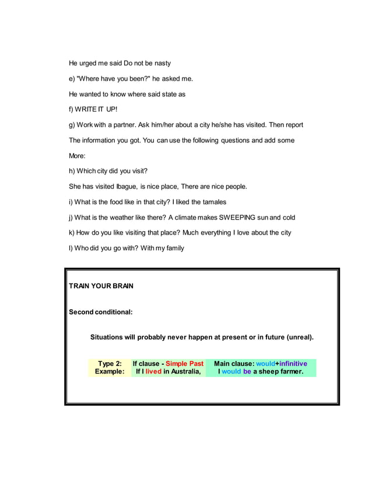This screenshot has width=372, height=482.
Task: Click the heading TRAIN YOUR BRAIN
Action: click(101, 286)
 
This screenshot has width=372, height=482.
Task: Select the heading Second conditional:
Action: click(101, 312)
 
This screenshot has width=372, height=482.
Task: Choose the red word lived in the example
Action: click(153, 371)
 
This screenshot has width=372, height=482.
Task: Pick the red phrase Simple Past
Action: click(185, 364)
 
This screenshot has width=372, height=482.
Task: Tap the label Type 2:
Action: click(110, 364)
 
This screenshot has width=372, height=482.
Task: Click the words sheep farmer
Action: click(282, 371)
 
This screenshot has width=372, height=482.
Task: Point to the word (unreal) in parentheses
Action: click(299, 337)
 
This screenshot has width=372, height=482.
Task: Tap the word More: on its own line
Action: click(77, 156)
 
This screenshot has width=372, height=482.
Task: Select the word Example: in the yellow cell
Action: click(110, 371)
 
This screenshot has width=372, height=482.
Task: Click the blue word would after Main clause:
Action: click(265, 364)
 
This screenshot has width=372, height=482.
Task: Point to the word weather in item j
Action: click(125, 218)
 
